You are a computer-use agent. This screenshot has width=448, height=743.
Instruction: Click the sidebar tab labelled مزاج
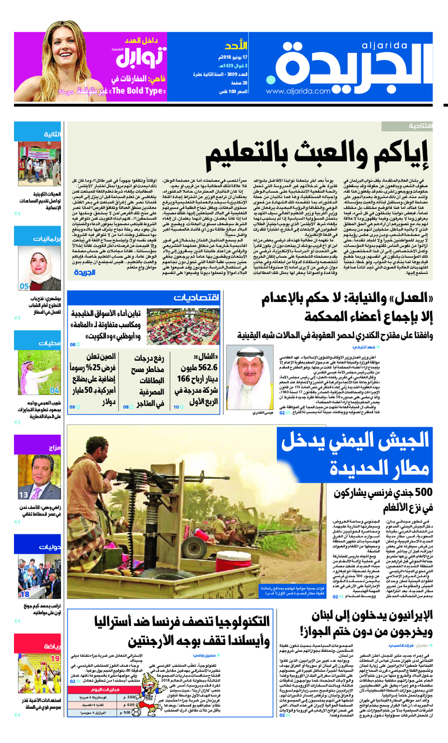click(54, 448)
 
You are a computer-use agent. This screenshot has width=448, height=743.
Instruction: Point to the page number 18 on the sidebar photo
click(25, 594)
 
